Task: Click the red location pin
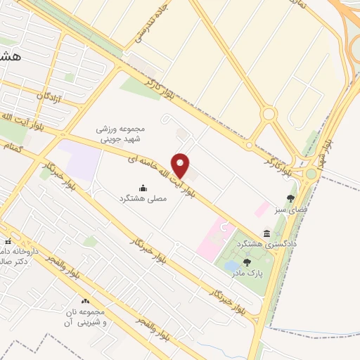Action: (x=181, y=166)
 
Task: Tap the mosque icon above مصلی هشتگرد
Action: (x=143, y=188)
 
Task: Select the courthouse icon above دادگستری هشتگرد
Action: (x=266, y=233)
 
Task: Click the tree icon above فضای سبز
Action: (x=290, y=198)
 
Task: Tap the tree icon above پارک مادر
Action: (x=247, y=262)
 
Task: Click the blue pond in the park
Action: (x=231, y=266)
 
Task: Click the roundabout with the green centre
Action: (x=268, y=114)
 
